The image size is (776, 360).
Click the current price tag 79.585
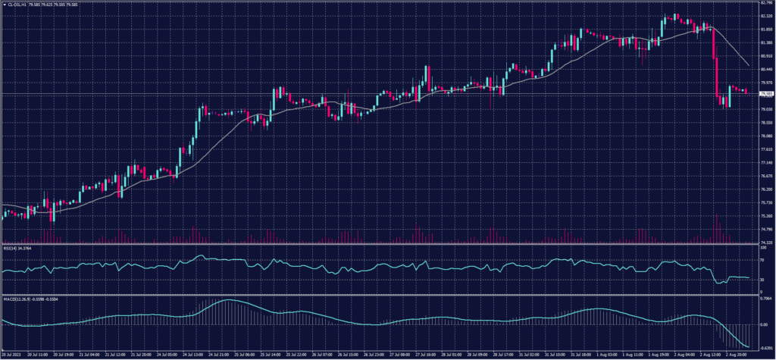(765, 93)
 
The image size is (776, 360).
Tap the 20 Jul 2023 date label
(12, 353)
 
